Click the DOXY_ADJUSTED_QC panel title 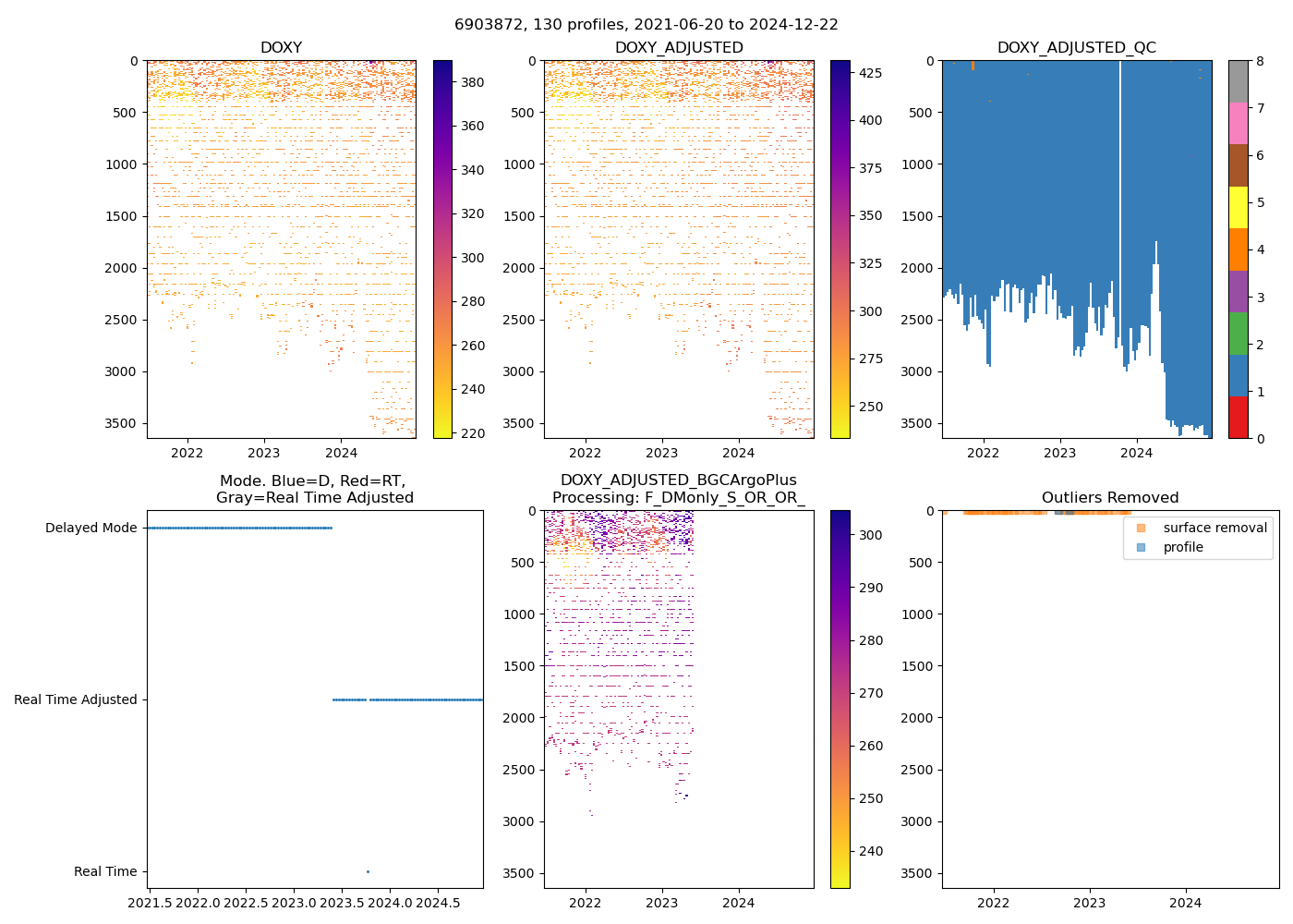[x=1076, y=47]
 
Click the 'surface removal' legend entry [x=1214, y=528]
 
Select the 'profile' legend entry [x=1183, y=547]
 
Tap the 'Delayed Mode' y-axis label [x=91, y=529]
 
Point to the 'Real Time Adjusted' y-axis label [x=75, y=699]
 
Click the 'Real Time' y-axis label [x=105, y=871]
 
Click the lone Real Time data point [x=368, y=871]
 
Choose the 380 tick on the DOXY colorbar [x=472, y=82]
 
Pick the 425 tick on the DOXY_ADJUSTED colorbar [x=869, y=73]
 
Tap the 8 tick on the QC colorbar [x=1261, y=61]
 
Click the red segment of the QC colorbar [x=1238, y=418]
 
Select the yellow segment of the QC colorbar [x=1238, y=207]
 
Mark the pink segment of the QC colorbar [x=1238, y=123]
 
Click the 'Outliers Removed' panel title [x=1110, y=498]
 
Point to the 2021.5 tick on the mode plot [x=150, y=902]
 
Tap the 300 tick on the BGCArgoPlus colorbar [x=870, y=535]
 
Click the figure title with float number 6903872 [x=646, y=25]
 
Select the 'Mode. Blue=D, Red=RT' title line [x=312, y=480]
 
